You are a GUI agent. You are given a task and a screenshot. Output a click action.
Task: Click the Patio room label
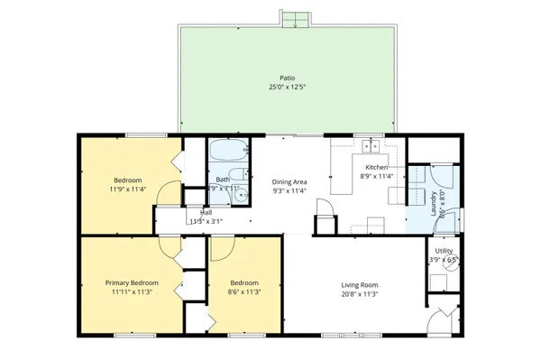coord(286,78)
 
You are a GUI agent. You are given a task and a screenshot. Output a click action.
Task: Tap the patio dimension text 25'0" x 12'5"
coord(286,88)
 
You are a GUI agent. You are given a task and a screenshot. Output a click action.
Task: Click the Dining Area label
coord(290,181)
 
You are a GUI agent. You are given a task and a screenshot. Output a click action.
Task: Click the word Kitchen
coord(377,168)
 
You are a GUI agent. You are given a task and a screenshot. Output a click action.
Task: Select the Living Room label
coord(359,283)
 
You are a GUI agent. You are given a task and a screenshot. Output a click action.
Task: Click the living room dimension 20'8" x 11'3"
coord(359,293)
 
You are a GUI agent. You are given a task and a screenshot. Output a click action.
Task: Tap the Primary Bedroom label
coord(131,283)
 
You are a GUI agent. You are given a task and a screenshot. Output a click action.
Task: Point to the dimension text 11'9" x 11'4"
coord(128,189)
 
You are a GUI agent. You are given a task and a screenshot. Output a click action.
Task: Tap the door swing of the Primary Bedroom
coord(169,246)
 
